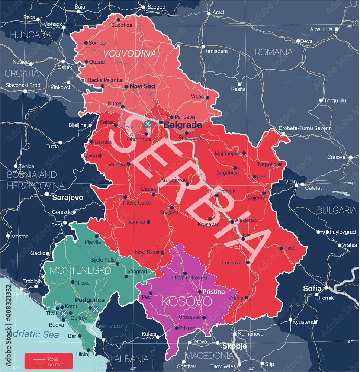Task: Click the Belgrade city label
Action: click(x=183, y=125)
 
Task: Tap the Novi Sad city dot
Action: click(x=126, y=87)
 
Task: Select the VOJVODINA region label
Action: click(x=129, y=54)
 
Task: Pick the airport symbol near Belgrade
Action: click(x=148, y=124)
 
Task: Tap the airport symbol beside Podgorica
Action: click(x=96, y=309)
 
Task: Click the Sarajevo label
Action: click(x=67, y=198)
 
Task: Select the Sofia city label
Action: click(x=312, y=288)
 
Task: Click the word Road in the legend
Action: click(x=53, y=359)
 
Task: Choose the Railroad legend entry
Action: click(x=56, y=365)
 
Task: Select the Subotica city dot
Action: click(x=118, y=20)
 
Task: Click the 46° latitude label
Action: click(x=350, y=26)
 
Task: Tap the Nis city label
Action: click(x=247, y=235)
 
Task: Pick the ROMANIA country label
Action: click(x=274, y=52)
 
